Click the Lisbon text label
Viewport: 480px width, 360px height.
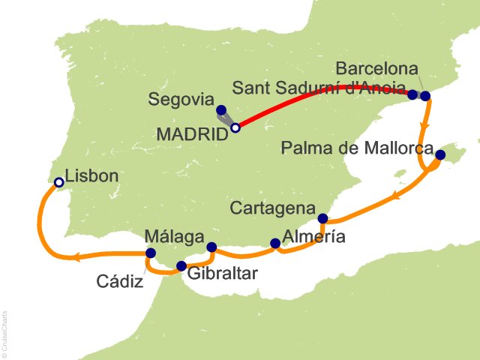point(92,178)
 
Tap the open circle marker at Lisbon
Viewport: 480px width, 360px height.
point(59,181)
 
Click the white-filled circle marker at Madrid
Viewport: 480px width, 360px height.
point(235,128)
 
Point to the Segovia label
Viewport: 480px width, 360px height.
point(181,99)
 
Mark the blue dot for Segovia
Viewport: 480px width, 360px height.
point(220,109)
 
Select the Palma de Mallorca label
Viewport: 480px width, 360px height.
point(356,148)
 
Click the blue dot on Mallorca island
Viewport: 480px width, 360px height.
point(440,155)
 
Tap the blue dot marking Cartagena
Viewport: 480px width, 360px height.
point(323,219)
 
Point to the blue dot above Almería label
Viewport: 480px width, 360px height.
point(275,243)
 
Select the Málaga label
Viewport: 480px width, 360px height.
point(175,237)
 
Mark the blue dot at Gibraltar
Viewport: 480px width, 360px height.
point(181,265)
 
